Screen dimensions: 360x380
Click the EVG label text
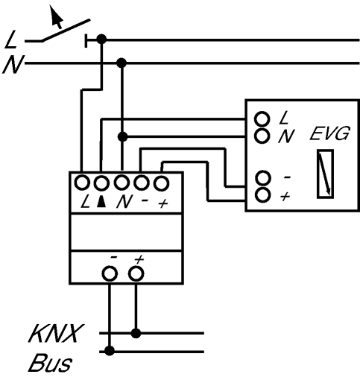329,133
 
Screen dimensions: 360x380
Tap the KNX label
55,333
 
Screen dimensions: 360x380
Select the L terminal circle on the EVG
262,119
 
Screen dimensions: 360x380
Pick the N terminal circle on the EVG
262,136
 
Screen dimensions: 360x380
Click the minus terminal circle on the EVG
262,178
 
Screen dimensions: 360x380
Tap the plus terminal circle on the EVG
262,194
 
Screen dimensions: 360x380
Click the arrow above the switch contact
56,16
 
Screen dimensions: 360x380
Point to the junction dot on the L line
101,39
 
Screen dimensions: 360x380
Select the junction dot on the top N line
121,63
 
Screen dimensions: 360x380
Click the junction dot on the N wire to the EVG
122,136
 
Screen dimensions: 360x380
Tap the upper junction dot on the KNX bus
136,333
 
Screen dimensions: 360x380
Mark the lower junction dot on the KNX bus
110,351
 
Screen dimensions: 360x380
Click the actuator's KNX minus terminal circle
110,273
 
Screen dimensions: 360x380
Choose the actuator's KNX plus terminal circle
136,273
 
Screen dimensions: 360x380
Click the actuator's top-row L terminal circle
82,183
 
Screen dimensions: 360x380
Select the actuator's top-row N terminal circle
121,183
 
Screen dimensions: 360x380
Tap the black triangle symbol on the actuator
101,201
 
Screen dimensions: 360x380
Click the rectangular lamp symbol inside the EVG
325,174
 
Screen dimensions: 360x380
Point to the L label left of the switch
11,39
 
